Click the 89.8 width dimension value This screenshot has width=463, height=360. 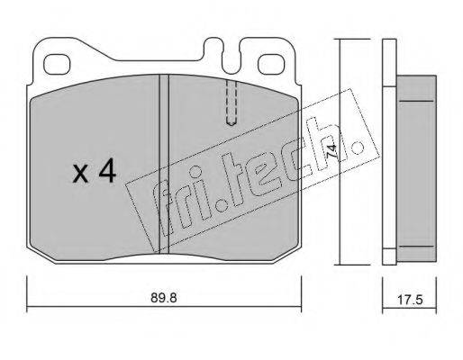click(x=164, y=298)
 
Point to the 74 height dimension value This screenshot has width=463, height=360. click(x=331, y=151)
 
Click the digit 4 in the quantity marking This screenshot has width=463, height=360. click(x=107, y=170)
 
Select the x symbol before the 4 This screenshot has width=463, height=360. click(x=80, y=174)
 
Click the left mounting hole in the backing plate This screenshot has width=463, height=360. click(x=57, y=65)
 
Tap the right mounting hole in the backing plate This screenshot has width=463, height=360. click(x=271, y=64)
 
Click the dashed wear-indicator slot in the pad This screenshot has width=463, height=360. click(x=231, y=102)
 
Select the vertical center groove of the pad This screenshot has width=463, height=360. click(x=164, y=164)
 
